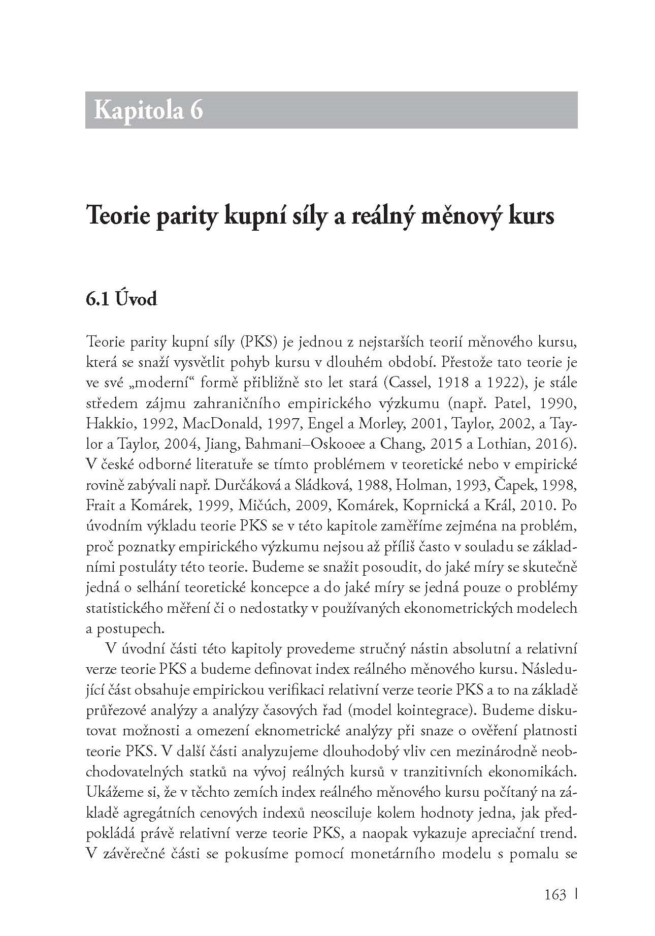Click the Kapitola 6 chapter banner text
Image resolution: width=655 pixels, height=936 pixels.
click(148, 110)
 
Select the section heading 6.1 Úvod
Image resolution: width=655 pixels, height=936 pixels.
click(122, 299)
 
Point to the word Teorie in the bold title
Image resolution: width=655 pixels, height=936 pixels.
click(116, 216)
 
